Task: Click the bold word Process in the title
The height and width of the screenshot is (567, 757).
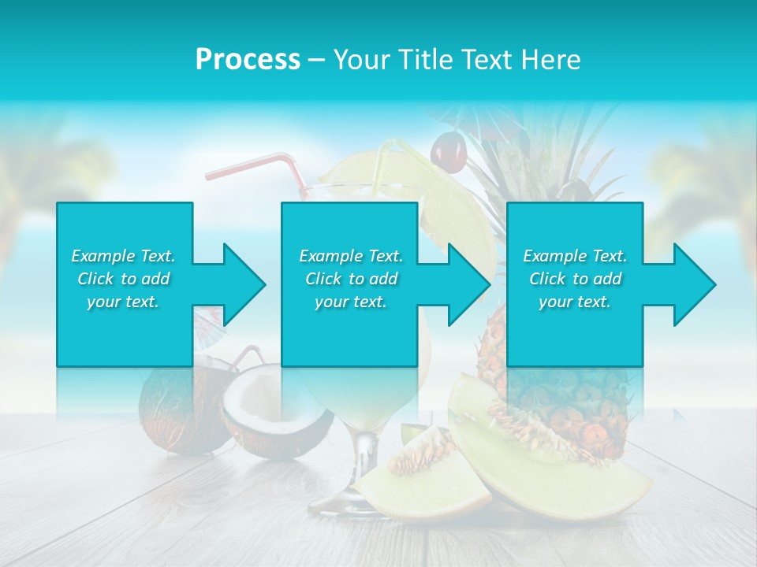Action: (x=248, y=59)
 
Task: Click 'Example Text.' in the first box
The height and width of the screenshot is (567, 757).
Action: (x=123, y=256)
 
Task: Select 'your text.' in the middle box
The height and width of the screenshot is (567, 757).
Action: (x=350, y=302)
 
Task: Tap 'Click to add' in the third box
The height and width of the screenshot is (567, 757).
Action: (x=575, y=279)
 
